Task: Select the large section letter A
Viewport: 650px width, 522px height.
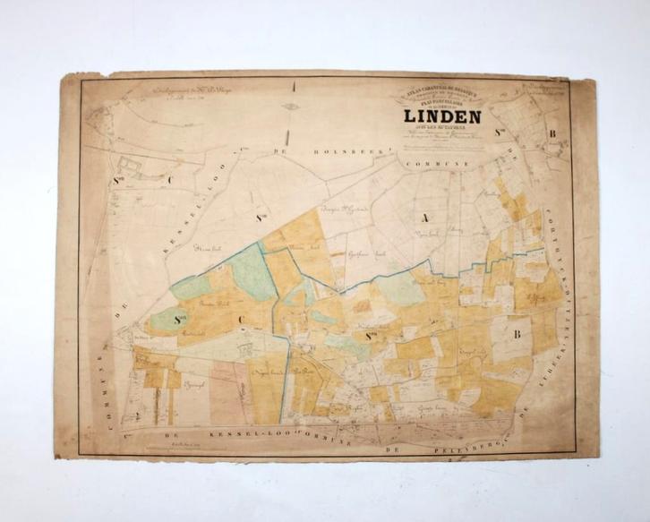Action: pyautogui.click(x=415, y=215)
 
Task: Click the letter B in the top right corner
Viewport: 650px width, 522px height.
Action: pyautogui.click(x=552, y=136)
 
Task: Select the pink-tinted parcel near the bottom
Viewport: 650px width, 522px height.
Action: pyautogui.click(x=229, y=385)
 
